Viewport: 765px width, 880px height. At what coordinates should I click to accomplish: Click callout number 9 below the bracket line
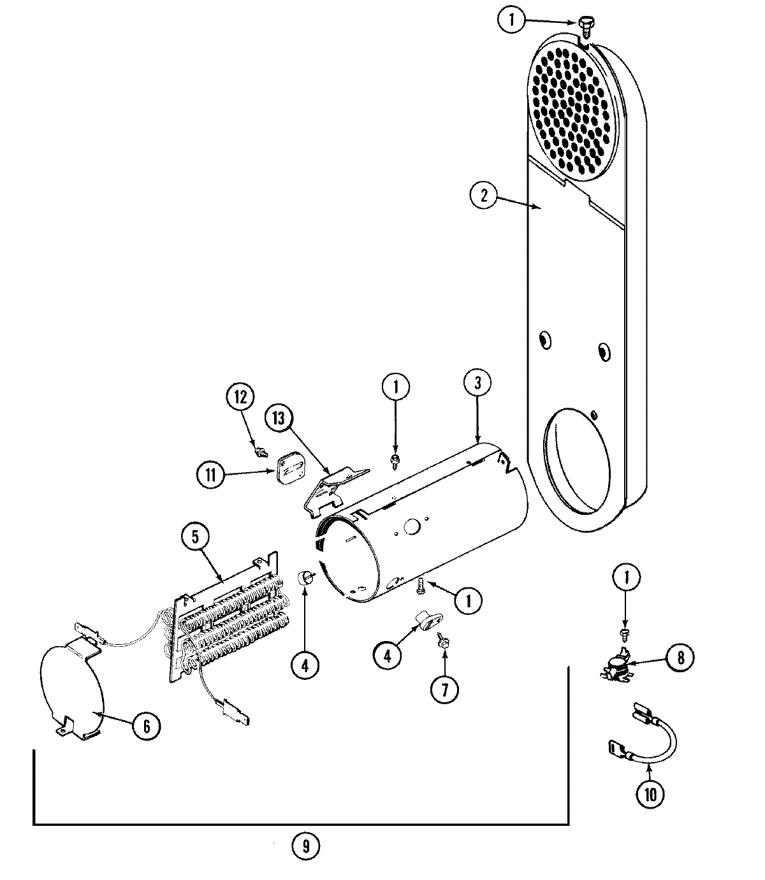pyautogui.click(x=305, y=846)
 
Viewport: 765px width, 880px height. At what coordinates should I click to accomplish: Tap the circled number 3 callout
pyautogui.click(x=478, y=384)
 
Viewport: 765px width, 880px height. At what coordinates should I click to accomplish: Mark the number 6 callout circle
pyautogui.click(x=145, y=726)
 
